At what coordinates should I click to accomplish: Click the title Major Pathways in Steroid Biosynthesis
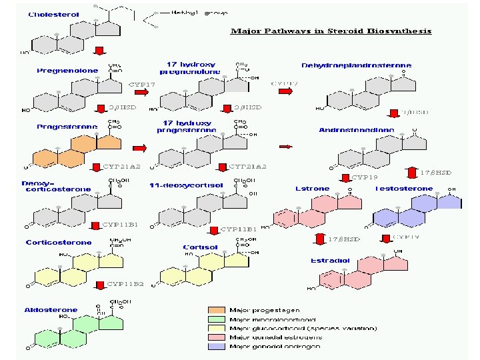(331, 31)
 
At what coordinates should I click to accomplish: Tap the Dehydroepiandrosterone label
(356, 65)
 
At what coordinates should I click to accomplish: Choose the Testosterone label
(404, 189)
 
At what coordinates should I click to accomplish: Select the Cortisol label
(200, 247)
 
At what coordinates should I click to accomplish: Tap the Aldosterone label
(51, 310)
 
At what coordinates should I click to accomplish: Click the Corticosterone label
(59, 243)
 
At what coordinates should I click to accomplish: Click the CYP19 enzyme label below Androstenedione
(364, 177)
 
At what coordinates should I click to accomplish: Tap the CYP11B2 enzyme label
(125, 284)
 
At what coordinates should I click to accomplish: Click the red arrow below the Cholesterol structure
(99, 51)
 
